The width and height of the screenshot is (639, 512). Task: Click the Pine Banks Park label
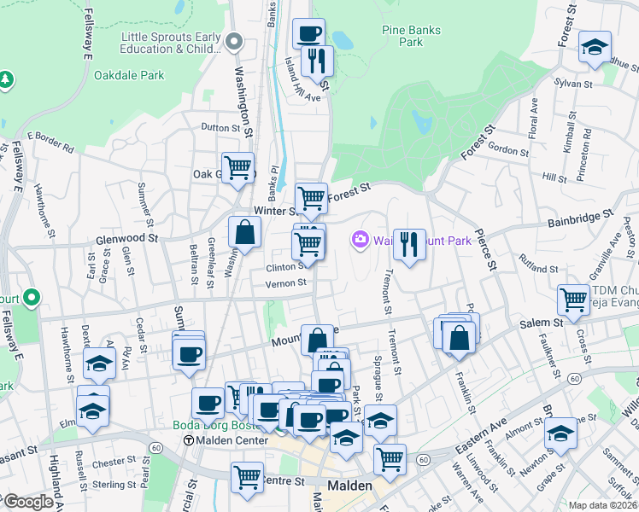pos(411,36)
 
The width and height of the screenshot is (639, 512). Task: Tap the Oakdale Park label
pos(128,75)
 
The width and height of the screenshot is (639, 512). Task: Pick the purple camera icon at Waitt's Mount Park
pos(361,241)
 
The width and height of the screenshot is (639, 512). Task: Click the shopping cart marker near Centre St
pos(247,477)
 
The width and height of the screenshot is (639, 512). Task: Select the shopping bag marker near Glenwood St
pos(245,232)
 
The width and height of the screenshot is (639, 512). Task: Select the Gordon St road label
pos(508,150)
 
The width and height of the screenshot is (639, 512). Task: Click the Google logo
pos(27,502)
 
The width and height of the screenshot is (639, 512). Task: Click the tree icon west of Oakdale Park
pos(6,79)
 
